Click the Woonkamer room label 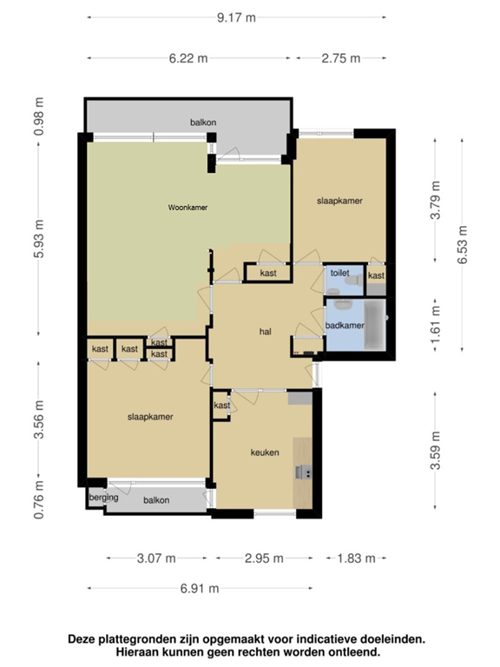tap(187, 208)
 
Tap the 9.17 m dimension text tap(236, 17)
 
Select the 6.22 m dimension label tap(188, 58)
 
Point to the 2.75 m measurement tap(341, 58)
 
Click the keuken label tap(265, 452)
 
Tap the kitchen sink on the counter tap(304, 472)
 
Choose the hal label tap(266, 332)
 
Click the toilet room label tap(339, 273)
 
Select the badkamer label tap(345, 326)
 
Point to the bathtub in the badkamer tap(375, 325)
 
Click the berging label tap(103, 498)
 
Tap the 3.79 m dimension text tap(436, 200)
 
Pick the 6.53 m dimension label tap(462, 245)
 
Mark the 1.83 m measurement tap(356, 558)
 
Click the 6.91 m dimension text tap(200, 588)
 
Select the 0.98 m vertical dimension tap(39, 116)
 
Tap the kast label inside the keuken tap(222, 406)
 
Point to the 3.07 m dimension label tap(156, 558)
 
